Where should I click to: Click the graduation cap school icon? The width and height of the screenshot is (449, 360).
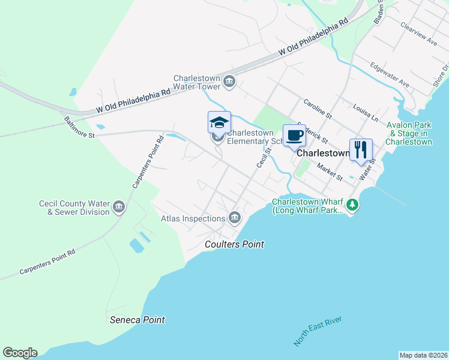(x=219, y=122)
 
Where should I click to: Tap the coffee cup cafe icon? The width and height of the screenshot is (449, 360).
(x=294, y=136)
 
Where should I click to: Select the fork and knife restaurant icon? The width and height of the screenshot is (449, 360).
(x=361, y=148)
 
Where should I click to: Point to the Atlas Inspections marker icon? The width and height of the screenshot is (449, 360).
(x=234, y=217)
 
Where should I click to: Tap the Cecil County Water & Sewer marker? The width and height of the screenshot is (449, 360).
(x=119, y=208)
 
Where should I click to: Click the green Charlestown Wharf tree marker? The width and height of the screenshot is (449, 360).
(x=353, y=206)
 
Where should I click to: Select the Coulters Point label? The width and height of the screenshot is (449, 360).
(x=234, y=244)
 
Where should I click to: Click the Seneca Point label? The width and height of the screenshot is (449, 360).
(x=137, y=320)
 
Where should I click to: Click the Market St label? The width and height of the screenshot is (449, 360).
(x=330, y=173)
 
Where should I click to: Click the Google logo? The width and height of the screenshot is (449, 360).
(x=20, y=353)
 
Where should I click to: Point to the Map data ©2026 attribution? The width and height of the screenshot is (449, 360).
(x=423, y=355)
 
